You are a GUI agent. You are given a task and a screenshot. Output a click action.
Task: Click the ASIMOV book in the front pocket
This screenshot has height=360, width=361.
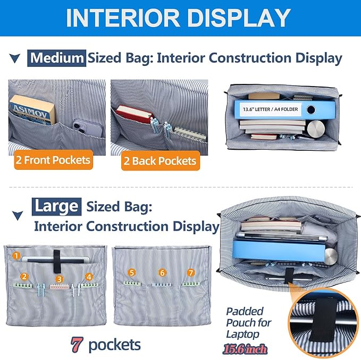tap(32, 110)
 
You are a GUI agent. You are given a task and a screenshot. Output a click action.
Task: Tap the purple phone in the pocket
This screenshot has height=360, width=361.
tap(87, 128)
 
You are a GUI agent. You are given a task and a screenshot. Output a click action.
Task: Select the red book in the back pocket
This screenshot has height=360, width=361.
tap(134, 114)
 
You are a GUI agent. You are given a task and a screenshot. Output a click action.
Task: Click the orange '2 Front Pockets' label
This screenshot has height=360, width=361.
tap(53, 160)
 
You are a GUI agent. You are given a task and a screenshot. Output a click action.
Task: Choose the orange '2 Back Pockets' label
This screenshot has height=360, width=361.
tap(161, 161)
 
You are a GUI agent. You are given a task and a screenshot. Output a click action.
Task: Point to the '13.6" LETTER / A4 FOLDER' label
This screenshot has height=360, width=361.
tap(270, 109)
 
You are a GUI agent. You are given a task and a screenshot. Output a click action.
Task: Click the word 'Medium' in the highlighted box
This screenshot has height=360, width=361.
tap(57, 58)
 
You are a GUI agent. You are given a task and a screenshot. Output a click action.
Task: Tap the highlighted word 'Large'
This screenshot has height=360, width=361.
tap(57, 207)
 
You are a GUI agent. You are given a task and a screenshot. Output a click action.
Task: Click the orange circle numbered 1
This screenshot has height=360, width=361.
tap(16, 255)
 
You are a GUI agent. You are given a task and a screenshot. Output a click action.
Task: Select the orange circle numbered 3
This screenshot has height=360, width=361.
tap(59, 279)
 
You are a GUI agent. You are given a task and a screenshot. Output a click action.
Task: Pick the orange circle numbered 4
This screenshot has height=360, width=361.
tap(89, 277)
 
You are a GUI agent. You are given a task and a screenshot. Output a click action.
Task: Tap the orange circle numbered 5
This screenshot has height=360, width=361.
tap(132, 273)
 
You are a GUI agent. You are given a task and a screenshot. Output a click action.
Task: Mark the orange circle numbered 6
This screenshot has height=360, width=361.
tap(162, 273)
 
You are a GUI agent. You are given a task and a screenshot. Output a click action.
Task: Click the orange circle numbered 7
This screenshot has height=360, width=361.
tap(191, 273)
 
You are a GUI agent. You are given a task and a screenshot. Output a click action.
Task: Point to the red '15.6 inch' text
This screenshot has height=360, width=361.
tap(245, 349)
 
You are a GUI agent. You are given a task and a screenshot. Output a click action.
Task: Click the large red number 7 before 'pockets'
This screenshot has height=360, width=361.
tap(77, 345)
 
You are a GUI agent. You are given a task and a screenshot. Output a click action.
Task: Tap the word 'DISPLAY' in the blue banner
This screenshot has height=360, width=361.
tap(239, 18)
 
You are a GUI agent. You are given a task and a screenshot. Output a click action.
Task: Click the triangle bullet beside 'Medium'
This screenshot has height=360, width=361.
tap(15, 58)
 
